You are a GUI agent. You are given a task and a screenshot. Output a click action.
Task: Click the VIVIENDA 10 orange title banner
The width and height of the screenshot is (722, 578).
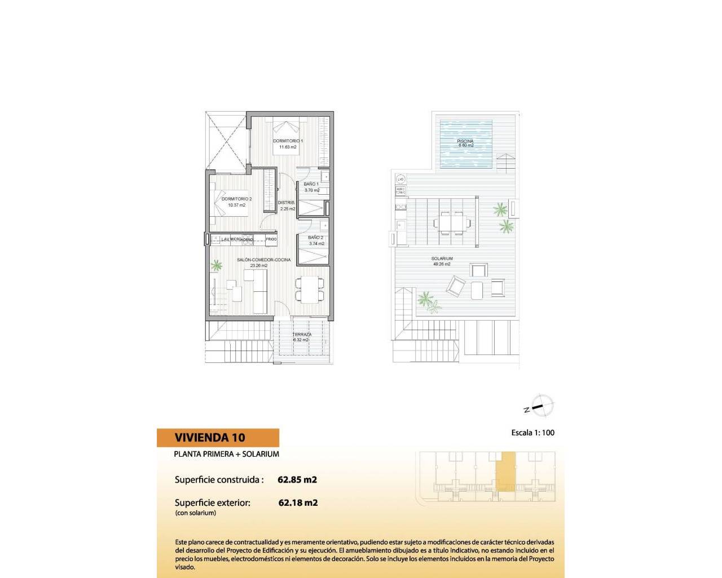click(x=218, y=437)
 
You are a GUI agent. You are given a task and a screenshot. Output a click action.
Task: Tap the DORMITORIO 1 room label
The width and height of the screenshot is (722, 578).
click(x=288, y=141)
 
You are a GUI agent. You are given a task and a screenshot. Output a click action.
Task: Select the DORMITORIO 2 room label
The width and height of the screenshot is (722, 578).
click(x=236, y=199)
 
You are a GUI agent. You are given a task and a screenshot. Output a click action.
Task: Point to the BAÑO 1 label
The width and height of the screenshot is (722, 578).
click(x=311, y=184)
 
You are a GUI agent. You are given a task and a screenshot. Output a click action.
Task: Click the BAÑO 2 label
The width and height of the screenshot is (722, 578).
click(x=316, y=238)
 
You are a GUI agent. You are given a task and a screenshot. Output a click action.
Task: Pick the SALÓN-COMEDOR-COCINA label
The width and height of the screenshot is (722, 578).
click(x=263, y=260)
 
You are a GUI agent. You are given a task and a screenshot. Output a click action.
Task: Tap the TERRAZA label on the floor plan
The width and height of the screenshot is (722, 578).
click(x=302, y=335)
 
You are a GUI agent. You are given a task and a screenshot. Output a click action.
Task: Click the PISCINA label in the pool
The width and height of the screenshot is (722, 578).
click(x=465, y=141)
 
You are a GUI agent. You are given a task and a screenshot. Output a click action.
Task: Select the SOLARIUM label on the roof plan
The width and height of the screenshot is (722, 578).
click(x=442, y=259)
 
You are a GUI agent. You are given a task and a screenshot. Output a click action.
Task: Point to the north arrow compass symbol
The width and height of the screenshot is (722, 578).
click(x=541, y=406)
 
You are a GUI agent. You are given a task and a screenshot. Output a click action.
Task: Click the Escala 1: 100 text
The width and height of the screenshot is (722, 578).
click(x=532, y=433)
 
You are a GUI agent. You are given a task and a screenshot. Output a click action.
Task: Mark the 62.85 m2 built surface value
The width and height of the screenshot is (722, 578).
click(x=297, y=480)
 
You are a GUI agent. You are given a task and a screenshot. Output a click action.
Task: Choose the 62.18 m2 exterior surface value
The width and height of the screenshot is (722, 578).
click(x=298, y=502)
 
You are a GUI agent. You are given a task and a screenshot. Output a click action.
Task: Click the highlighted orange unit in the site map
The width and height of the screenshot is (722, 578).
click(x=507, y=471)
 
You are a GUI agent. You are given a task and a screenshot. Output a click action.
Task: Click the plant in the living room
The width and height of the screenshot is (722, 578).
click(x=217, y=265)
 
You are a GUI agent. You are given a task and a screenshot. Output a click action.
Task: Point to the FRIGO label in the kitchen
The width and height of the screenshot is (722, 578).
click(x=271, y=239)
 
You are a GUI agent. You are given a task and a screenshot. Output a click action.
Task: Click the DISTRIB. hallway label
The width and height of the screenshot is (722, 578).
click(x=286, y=203)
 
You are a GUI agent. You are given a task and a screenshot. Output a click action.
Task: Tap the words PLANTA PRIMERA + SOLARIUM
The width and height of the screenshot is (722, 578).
click(x=226, y=454)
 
